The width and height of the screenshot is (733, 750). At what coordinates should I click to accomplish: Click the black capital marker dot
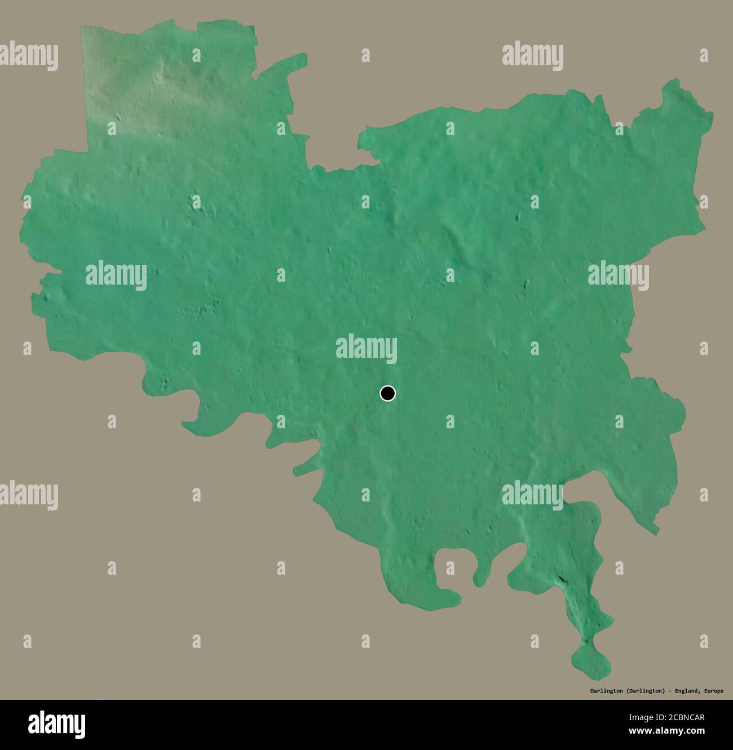coord(387,393)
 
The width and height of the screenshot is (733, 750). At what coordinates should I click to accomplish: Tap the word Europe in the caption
coord(713,691)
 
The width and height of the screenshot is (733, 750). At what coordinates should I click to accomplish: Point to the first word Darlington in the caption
coord(606,691)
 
